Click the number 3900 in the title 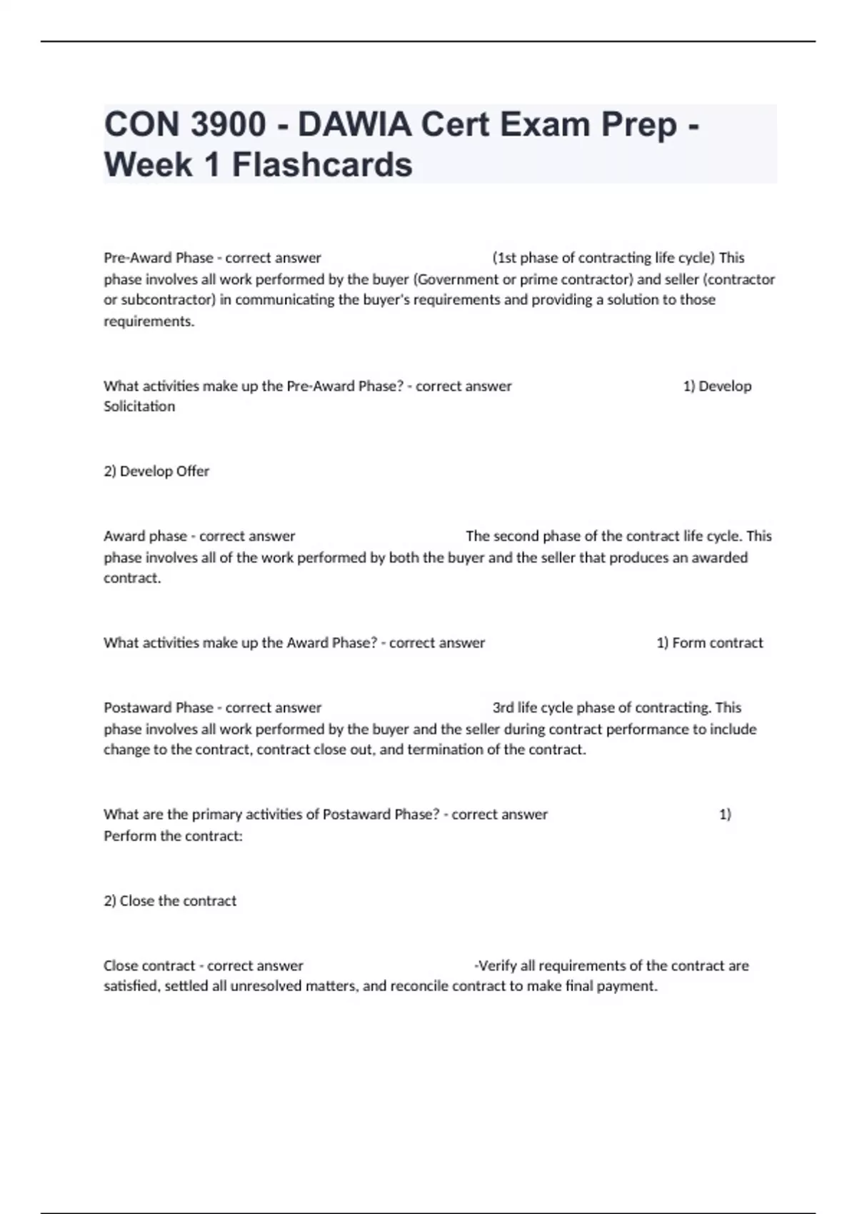pos(228,125)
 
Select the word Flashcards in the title pos(322,165)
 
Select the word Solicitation pos(139,406)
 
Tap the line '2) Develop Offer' pos(156,471)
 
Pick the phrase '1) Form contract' pos(709,643)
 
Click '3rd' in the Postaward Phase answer pos(503,708)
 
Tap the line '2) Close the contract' pos(170,901)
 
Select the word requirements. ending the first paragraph pos(149,321)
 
